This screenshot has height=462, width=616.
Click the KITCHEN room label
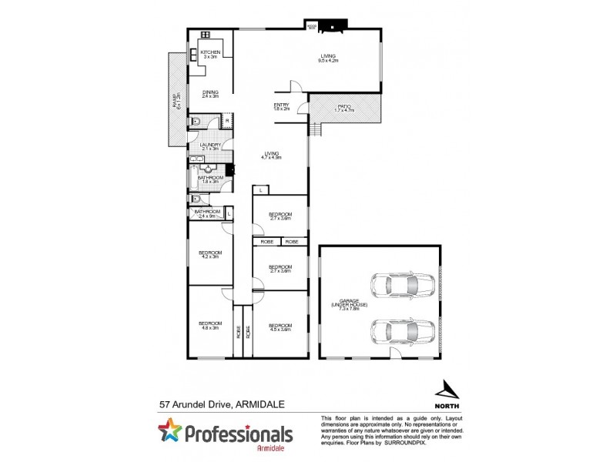click(x=210, y=53)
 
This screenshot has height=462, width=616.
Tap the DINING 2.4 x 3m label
click(x=210, y=94)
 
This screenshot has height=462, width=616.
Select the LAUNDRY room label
click(x=210, y=146)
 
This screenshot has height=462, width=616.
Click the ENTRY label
click(x=281, y=107)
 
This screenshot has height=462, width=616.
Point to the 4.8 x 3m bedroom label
click(x=210, y=325)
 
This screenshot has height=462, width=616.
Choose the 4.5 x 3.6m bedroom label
click(x=280, y=326)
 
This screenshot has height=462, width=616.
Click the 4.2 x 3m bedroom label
click(x=210, y=255)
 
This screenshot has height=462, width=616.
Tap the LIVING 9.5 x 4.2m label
click(x=330, y=56)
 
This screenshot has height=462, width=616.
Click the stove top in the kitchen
click(x=206, y=35)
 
